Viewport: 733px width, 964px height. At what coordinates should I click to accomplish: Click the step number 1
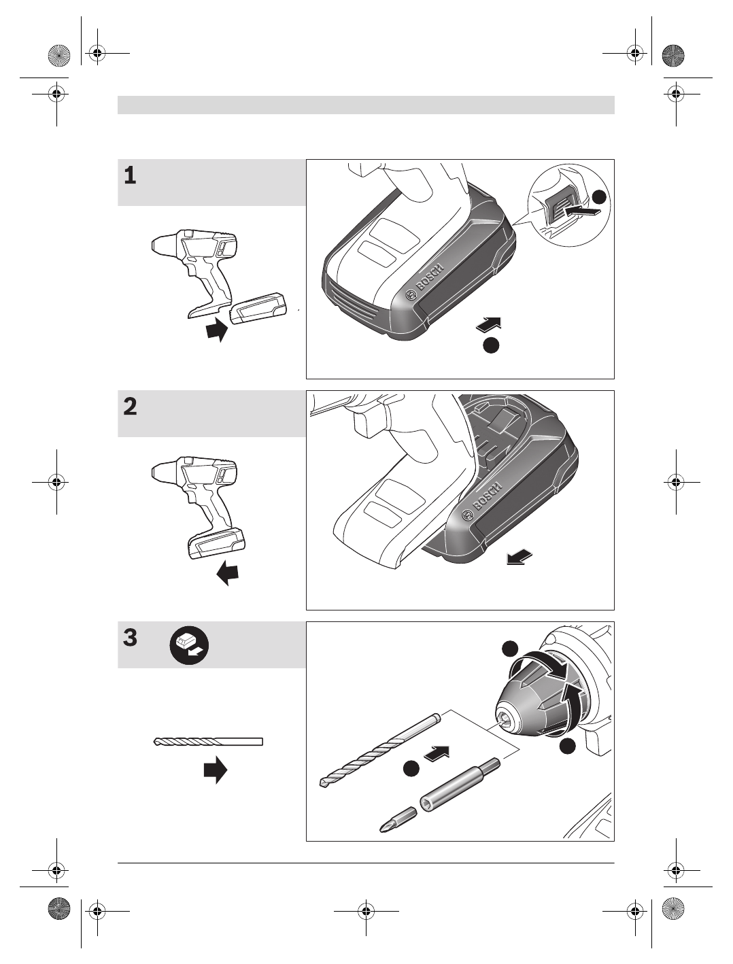[x=130, y=175]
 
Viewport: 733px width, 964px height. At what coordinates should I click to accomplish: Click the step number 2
[x=131, y=407]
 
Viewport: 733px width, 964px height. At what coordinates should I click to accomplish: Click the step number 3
[x=131, y=638]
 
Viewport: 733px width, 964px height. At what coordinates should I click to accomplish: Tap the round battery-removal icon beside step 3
[x=189, y=645]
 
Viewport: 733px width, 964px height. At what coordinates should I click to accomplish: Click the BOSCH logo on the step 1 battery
[x=425, y=280]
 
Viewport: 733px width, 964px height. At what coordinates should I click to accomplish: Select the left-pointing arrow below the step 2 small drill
[x=228, y=572]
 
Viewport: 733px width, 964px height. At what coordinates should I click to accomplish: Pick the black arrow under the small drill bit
[x=215, y=770]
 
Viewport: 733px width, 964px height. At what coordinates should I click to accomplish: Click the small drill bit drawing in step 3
[x=208, y=742]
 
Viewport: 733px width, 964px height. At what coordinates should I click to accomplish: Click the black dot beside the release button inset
[x=599, y=197]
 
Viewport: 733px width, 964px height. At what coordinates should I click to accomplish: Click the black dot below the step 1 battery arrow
[x=491, y=345]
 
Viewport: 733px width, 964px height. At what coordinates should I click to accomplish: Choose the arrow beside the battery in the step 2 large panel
[x=519, y=558]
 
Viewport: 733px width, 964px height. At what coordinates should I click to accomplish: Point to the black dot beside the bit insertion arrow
[x=411, y=769]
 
